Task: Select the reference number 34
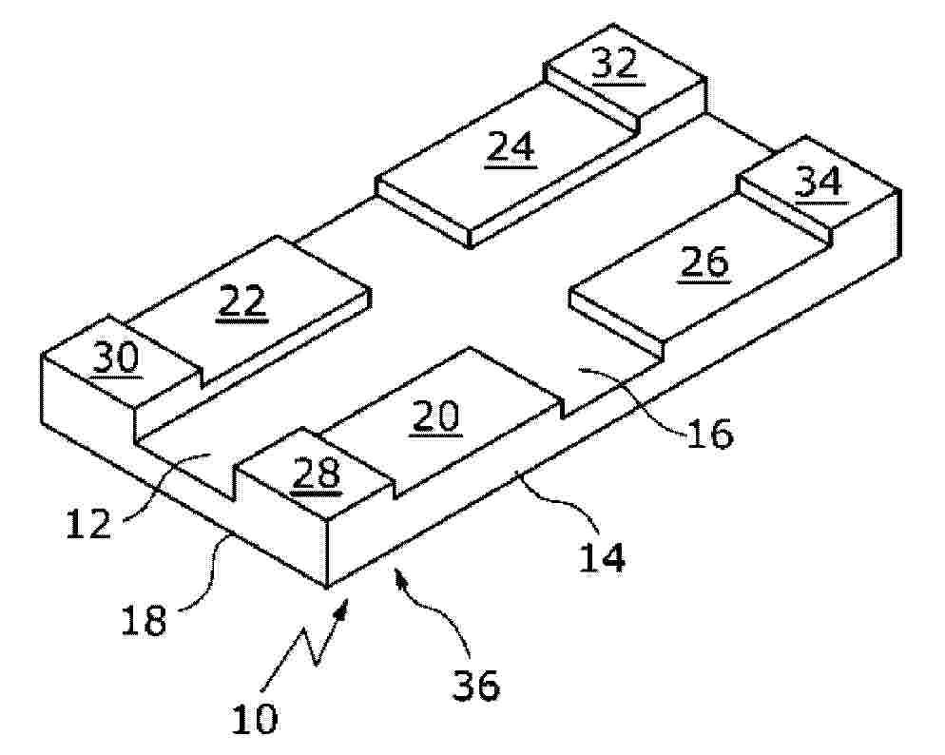819,182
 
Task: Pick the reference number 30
117,359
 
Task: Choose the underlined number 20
436,416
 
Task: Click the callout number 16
709,433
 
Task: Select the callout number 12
88,523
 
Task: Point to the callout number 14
602,557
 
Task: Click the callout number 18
144,621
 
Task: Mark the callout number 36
476,685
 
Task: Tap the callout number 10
255,718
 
